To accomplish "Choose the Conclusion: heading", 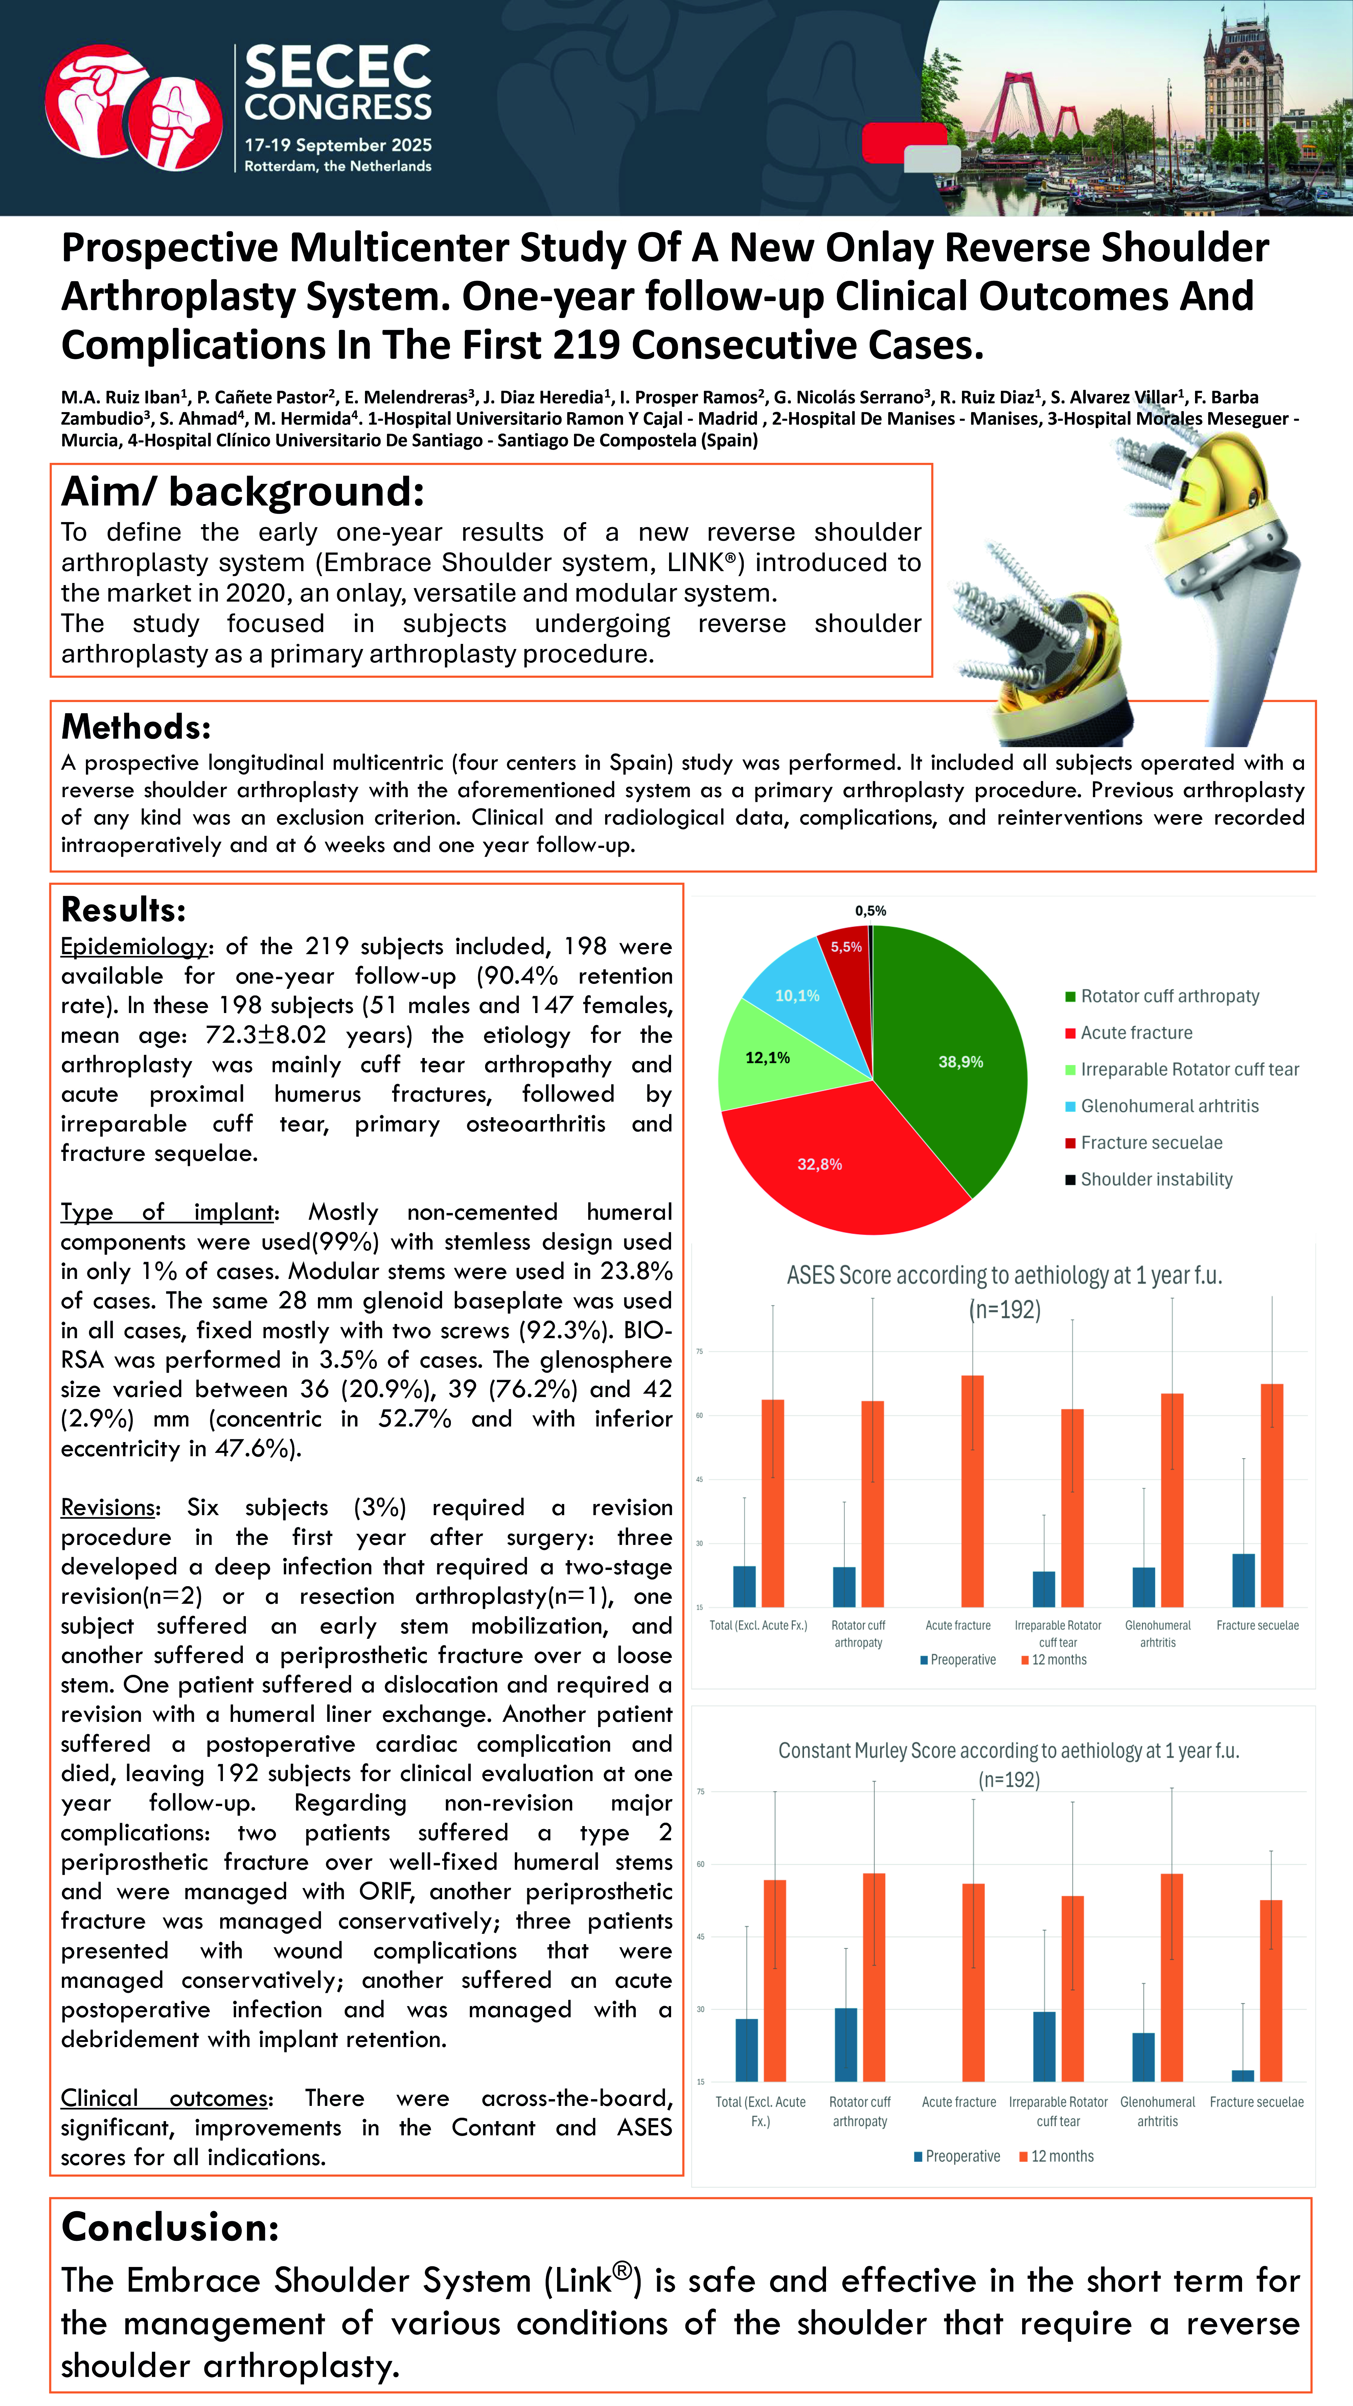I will [x=170, y=2227].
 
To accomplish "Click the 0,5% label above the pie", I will [x=870, y=910].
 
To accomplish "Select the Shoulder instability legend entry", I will [x=1156, y=1179].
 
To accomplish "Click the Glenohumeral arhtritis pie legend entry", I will [x=1169, y=1106].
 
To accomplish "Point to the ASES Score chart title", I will [x=1004, y=1276].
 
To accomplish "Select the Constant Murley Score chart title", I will [x=1008, y=1751].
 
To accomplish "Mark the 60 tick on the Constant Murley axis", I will [x=700, y=1865].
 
